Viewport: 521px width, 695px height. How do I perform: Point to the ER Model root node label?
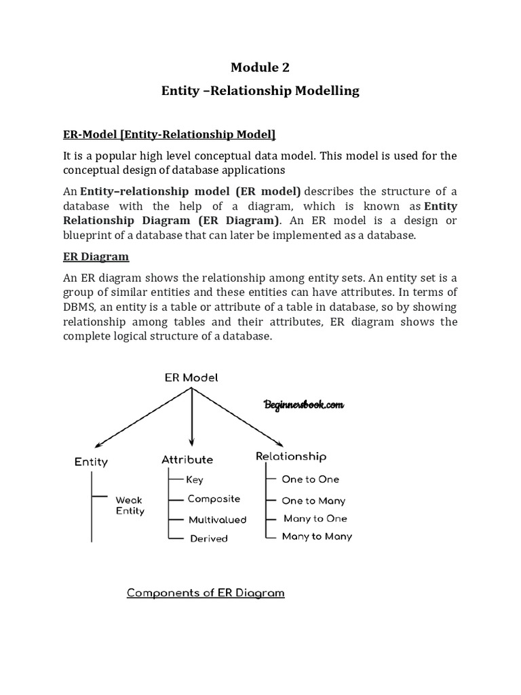tap(192, 377)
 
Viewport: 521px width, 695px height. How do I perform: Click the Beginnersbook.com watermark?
tap(303, 405)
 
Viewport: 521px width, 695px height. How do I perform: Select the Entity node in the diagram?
tap(91, 462)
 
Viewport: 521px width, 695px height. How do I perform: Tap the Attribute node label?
tap(187, 459)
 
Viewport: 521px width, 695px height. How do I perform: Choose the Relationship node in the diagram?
tap(291, 457)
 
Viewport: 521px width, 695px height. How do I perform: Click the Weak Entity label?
tap(130, 506)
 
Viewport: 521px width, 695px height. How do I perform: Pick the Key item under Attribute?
tap(195, 480)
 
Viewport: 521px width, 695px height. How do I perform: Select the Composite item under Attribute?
tap(214, 499)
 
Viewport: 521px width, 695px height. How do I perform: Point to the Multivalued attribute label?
tap(217, 520)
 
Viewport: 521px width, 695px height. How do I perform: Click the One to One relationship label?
tap(311, 479)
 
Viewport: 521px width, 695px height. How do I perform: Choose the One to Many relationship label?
tap(313, 501)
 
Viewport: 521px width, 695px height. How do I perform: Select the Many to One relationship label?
tap(315, 519)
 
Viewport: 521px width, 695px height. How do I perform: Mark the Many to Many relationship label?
tap(317, 537)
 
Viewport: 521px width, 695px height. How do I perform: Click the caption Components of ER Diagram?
tap(206, 593)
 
